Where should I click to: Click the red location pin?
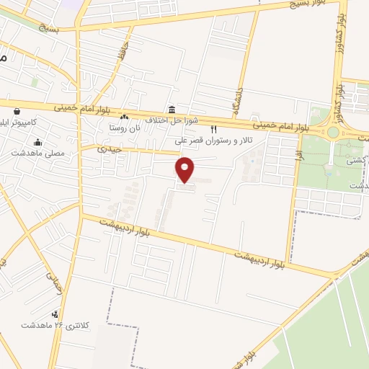[x=185, y=169]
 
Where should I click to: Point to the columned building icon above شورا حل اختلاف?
[x=172, y=110]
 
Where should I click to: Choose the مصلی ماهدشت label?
[x=37, y=153]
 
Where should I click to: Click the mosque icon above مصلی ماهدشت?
[x=37, y=142]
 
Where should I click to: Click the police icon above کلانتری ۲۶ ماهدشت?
[x=55, y=314]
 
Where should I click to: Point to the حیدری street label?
[x=112, y=149]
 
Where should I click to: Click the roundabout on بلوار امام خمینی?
[x=333, y=132]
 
